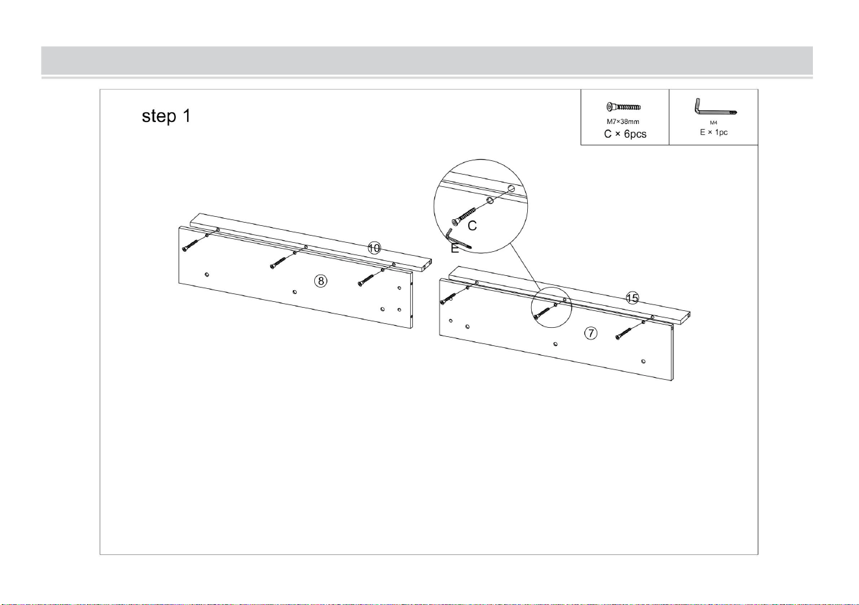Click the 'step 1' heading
click(166, 116)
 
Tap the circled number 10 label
click(374, 248)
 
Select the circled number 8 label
click(321, 281)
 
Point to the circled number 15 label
click(632, 298)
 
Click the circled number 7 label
click(591, 333)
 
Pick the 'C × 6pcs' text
click(625, 134)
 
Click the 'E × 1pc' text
click(714, 132)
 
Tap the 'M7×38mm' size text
click(623, 121)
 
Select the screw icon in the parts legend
click(623, 106)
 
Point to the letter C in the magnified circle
click(472, 226)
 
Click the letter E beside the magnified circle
click(454, 249)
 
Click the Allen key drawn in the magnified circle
click(456, 240)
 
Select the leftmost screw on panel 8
click(191, 246)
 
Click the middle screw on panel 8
click(278, 263)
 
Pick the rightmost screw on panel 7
click(623, 334)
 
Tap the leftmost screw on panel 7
click(448, 299)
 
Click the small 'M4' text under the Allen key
click(714, 123)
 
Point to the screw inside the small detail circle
click(542, 314)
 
